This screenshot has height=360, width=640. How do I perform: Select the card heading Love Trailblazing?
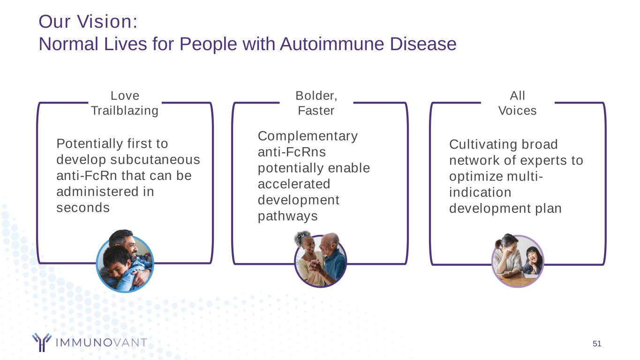tap(125, 103)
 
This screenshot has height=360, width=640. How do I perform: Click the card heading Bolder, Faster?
tap(316, 103)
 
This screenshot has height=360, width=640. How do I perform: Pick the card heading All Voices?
tap(517, 103)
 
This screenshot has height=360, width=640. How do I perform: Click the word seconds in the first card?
tap(83, 208)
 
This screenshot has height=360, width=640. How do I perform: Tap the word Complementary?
tap(308, 136)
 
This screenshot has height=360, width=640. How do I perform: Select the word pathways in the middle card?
tap(287, 216)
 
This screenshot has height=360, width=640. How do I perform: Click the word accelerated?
tap(294, 184)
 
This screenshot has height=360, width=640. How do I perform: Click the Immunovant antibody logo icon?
tap(41, 342)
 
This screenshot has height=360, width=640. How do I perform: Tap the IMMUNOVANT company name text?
tap(101, 343)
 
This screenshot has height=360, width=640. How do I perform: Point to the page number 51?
tap(596, 344)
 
